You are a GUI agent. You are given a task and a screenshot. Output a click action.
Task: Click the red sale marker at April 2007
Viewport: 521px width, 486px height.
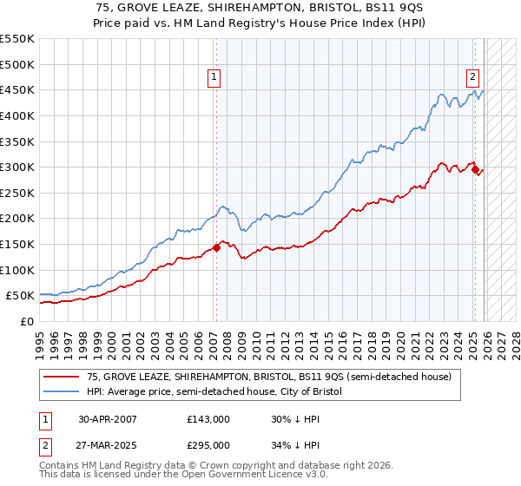point(215,248)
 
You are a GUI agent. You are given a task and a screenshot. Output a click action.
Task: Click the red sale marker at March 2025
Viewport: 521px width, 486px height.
point(475,170)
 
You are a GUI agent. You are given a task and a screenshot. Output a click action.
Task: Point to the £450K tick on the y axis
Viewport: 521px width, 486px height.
point(16,89)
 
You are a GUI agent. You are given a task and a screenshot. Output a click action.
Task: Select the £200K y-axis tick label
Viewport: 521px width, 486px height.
point(16,219)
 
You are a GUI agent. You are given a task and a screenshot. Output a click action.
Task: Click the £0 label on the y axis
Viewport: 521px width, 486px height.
point(26,322)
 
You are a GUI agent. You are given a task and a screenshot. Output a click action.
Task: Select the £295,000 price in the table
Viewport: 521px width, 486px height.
point(208,444)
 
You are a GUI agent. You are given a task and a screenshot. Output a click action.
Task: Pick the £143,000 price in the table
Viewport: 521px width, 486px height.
point(208,418)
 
